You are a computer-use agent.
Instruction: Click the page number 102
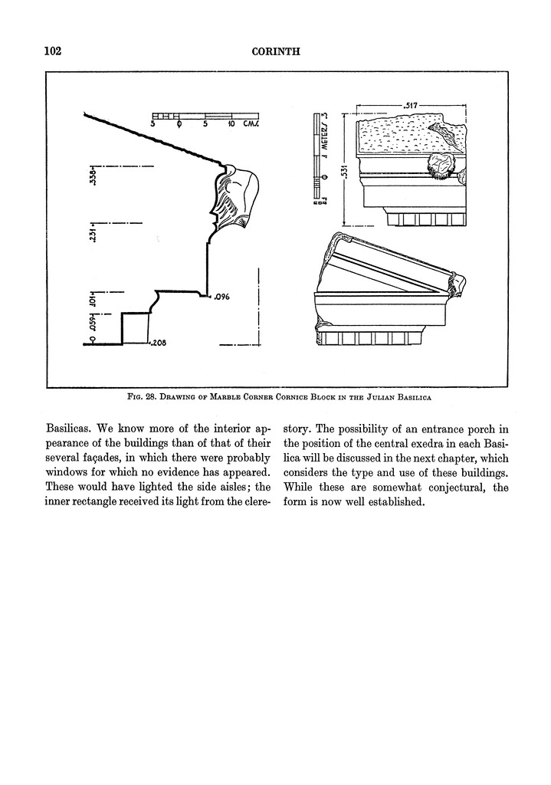(x=53, y=51)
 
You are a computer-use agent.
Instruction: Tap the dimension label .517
(x=405, y=102)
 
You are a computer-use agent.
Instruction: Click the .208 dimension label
(x=159, y=343)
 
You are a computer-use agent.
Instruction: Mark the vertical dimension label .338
(x=92, y=177)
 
